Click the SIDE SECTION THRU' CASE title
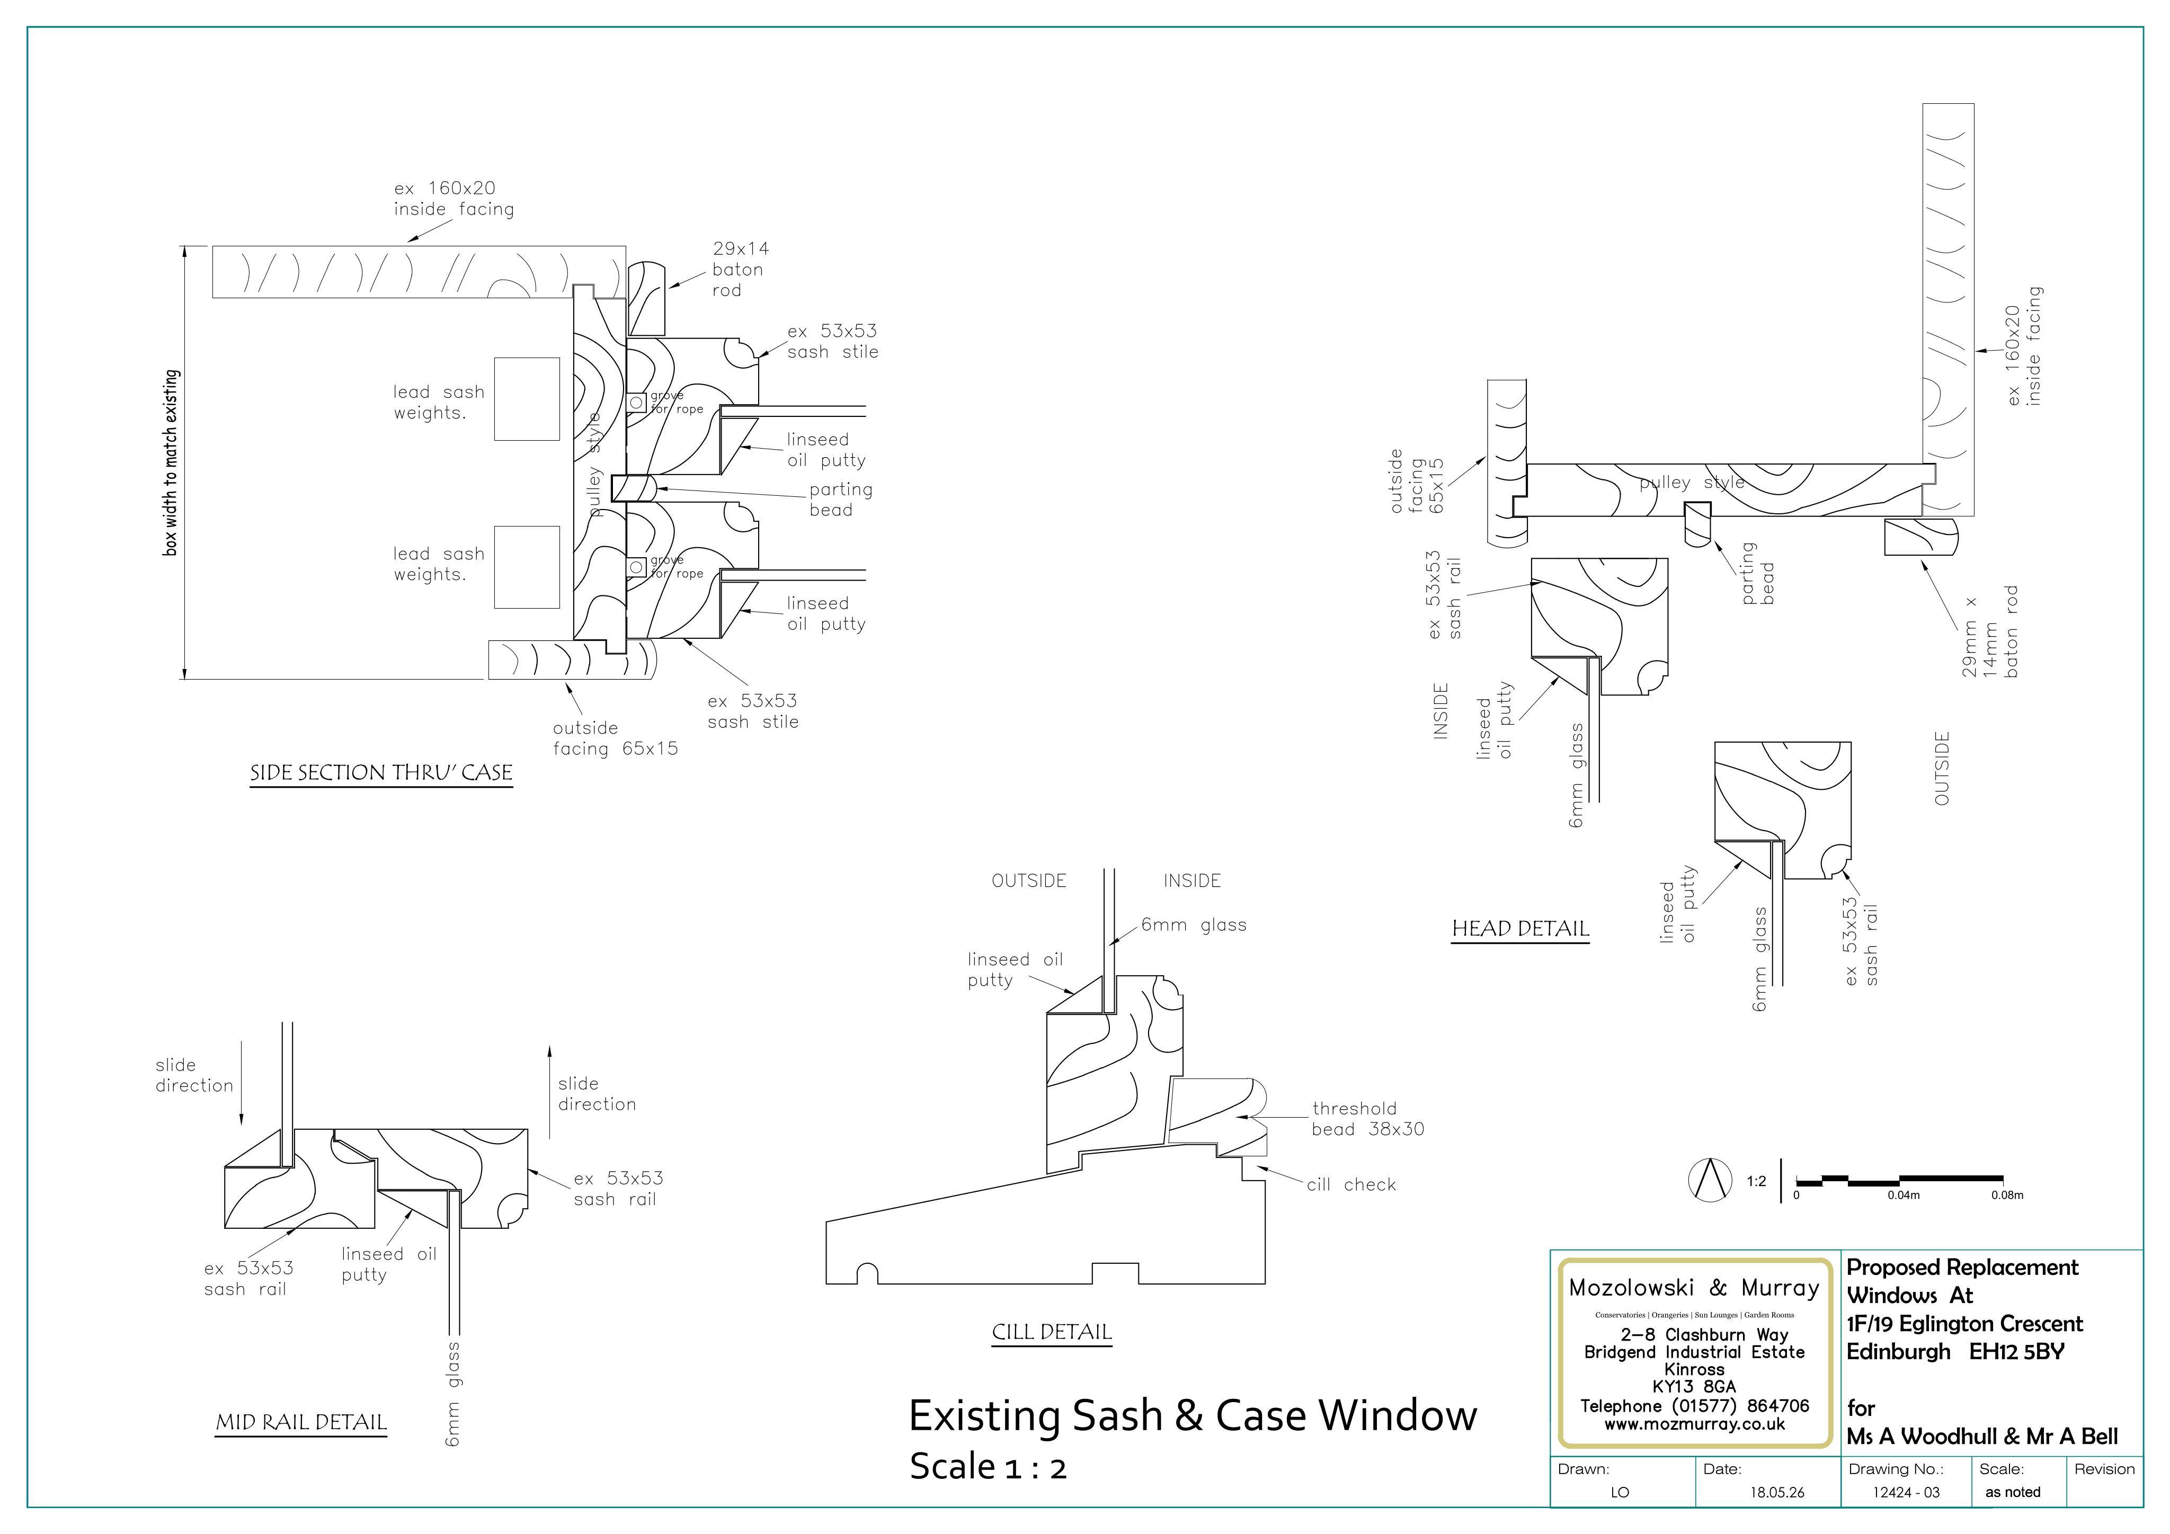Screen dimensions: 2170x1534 click(381, 773)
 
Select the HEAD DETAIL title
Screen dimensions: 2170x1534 click(1520, 929)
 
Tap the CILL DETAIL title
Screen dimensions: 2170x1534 click(1052, 1333)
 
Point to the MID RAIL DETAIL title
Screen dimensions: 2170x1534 click(301, 1422)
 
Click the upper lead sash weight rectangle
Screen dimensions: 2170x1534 click(527, 399)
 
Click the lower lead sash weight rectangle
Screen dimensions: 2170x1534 click(527, 567)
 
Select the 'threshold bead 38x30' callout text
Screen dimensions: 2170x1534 click(1367, 1119)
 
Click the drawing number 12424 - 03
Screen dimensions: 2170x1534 click(1906, 1492)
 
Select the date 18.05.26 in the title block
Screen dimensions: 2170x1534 click(1777, 1492)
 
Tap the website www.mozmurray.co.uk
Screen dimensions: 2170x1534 click(1695, 1423)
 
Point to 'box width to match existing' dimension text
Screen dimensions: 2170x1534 click(171, 462)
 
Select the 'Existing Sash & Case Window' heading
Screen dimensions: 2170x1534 click(1193, 1416)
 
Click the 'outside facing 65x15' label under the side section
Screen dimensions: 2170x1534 click(615, 739)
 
